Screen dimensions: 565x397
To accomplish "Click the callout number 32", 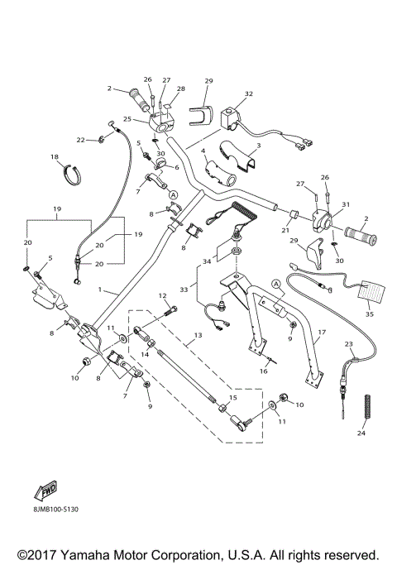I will coord(249,95).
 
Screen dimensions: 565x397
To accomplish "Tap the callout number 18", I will coord(55,156).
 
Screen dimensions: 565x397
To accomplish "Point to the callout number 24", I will coord(360,433).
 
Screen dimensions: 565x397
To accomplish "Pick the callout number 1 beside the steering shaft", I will coord(100,291).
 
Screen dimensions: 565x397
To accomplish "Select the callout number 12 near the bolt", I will coord(162,295).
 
